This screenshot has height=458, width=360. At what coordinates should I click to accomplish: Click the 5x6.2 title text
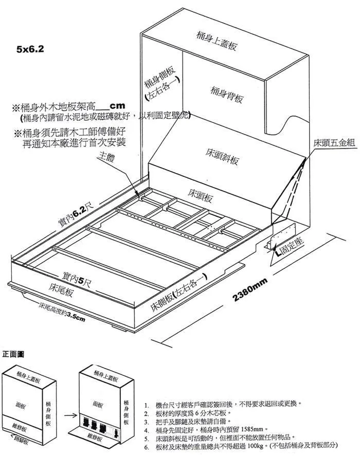tap(30, 49)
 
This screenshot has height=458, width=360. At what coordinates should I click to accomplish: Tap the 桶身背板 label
tap(227, 94)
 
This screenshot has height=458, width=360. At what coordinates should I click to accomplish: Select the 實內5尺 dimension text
tap(77, 280)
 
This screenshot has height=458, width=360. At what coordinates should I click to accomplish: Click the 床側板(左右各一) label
tap(178, 292)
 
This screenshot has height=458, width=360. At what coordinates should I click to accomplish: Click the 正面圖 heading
tap(13, 354)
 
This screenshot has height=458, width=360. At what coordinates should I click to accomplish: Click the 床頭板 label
tap(200, 195)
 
